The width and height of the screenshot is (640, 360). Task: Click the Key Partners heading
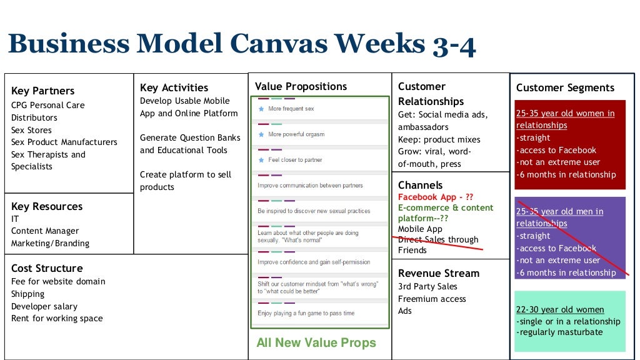coord(42,91)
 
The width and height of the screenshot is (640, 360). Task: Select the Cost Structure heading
coord(47,268)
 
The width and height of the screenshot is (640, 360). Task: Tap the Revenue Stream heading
coord(439,273)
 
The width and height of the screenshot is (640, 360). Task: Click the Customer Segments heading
coord(565,88)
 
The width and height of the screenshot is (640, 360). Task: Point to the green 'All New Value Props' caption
coord(316,342)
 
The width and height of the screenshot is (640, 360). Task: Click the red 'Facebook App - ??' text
coord(436,197)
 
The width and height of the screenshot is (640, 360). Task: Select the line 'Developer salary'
coord(44,306)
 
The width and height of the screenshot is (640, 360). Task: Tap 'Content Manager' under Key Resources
coord(45,231)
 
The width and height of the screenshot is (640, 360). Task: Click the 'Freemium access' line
coord(432,299)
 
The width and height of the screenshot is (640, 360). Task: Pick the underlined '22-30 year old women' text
coord(560,309)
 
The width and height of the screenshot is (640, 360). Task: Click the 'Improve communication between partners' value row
coord(310,186)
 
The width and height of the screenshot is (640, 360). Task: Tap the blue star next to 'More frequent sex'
coord(261,109)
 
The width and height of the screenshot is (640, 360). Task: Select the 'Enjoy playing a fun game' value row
coord(306,313)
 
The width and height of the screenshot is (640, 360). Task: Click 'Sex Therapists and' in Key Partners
coord(48,154)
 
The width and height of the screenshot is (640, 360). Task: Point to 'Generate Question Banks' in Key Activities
coord(190,137)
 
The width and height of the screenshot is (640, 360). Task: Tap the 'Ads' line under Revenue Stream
coord(405,311)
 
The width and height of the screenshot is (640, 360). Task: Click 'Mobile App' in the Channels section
coord(420,229)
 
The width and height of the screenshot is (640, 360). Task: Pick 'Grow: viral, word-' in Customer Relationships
coord(434,152)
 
